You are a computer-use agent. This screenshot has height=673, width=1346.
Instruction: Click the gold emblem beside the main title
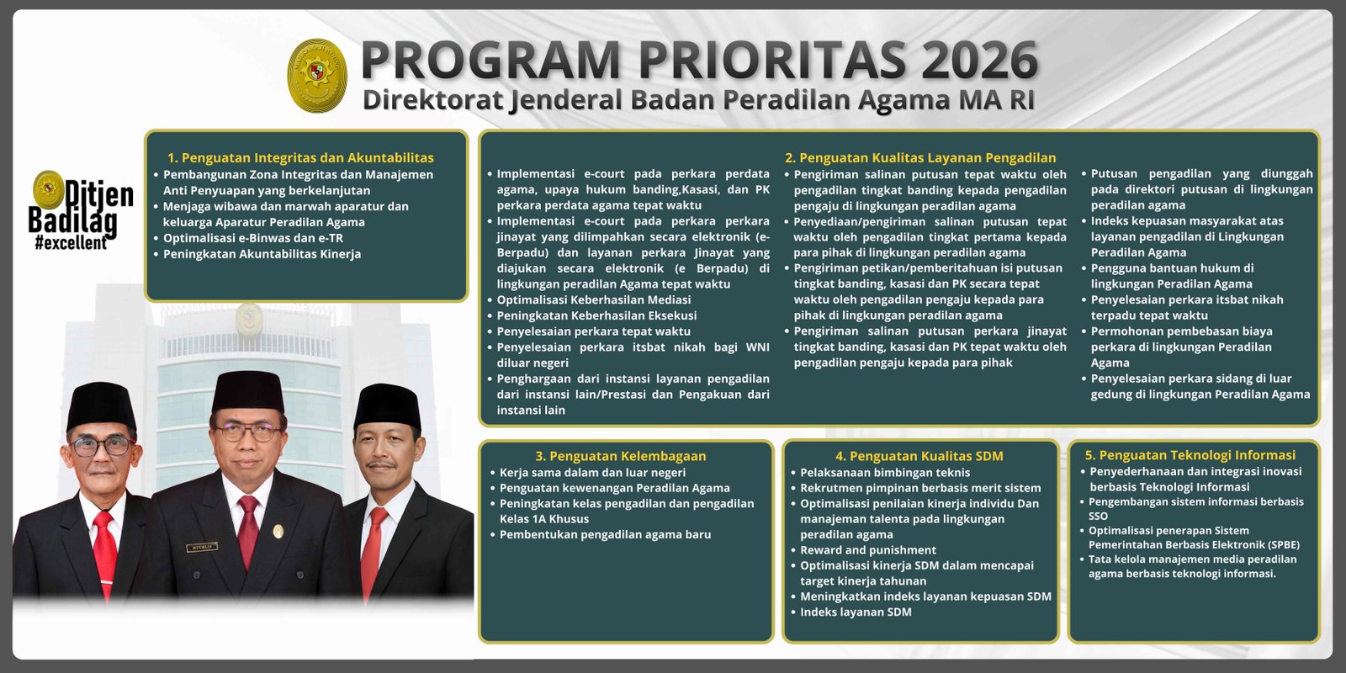click(317, 76)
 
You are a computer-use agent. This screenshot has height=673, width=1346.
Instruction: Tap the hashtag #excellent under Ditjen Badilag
click(71, 243)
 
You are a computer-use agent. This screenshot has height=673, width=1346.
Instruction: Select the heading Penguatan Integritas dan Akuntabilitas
click(300, 157)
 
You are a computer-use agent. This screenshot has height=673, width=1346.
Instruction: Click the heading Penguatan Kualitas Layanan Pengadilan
click(919, 157)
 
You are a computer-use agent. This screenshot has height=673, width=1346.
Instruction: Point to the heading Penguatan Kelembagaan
click(620, 456)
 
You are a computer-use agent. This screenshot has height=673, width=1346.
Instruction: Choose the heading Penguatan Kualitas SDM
click(919, 456)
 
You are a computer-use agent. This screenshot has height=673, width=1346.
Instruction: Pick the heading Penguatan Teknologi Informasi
click(1190, 455)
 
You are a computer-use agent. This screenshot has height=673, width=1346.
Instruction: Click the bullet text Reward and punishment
click(867, 550)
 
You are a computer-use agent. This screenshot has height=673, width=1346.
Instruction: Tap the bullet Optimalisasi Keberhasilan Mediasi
click(593, 299)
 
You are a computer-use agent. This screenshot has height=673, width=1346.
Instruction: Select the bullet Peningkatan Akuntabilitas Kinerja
click(262, 254)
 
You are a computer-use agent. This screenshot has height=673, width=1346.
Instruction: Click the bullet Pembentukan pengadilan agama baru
click(605, 534)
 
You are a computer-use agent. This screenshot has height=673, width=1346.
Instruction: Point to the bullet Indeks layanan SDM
click(856, 612)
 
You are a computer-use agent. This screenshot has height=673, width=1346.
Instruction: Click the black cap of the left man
click(101, 405)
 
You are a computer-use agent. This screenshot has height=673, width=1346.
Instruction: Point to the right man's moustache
click(383, 464)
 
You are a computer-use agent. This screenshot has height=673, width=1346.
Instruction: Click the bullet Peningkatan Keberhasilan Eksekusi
click(596, 315)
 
